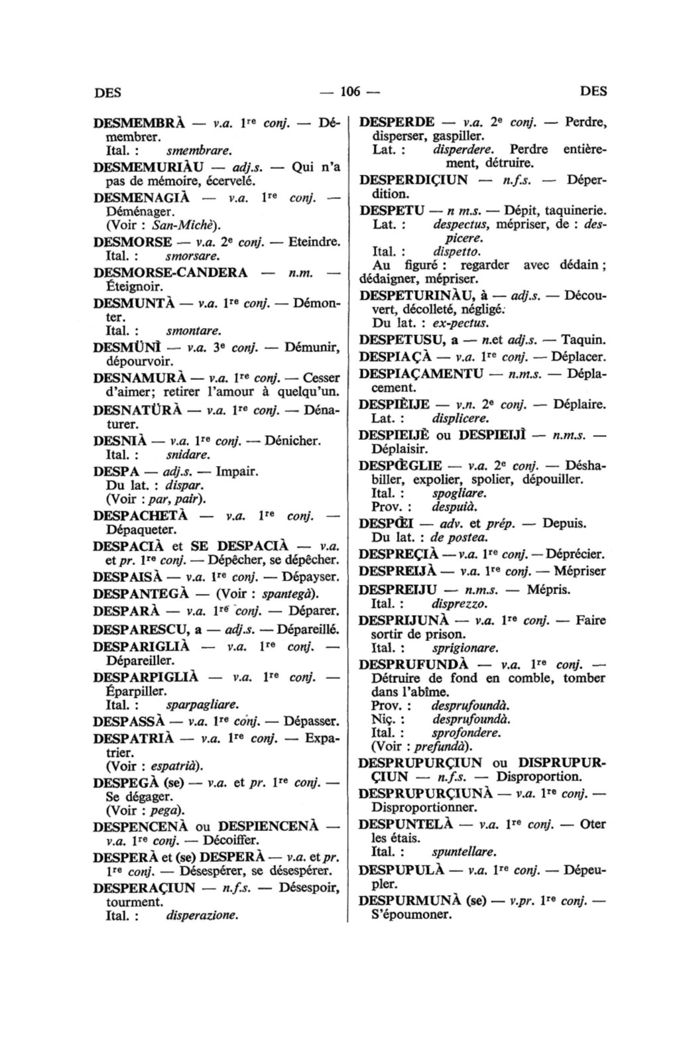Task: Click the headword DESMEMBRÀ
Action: click(x=137, y=124)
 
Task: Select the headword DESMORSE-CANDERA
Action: click(x=171, y=273)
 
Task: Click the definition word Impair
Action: click(x=237, y=472)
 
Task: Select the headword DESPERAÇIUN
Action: click(x=145, y=888)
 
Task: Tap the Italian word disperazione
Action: click(x=202, y=916)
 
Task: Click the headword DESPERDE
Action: click(x=397, y=123)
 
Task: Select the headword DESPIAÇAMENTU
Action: click(x=421, y=373)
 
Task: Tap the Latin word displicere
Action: click(x=460, y=418)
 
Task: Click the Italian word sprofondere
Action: click(x=465, y=733)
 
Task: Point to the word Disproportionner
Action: click(x=424, y=808)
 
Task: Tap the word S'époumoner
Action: click(x=411, y=916)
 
